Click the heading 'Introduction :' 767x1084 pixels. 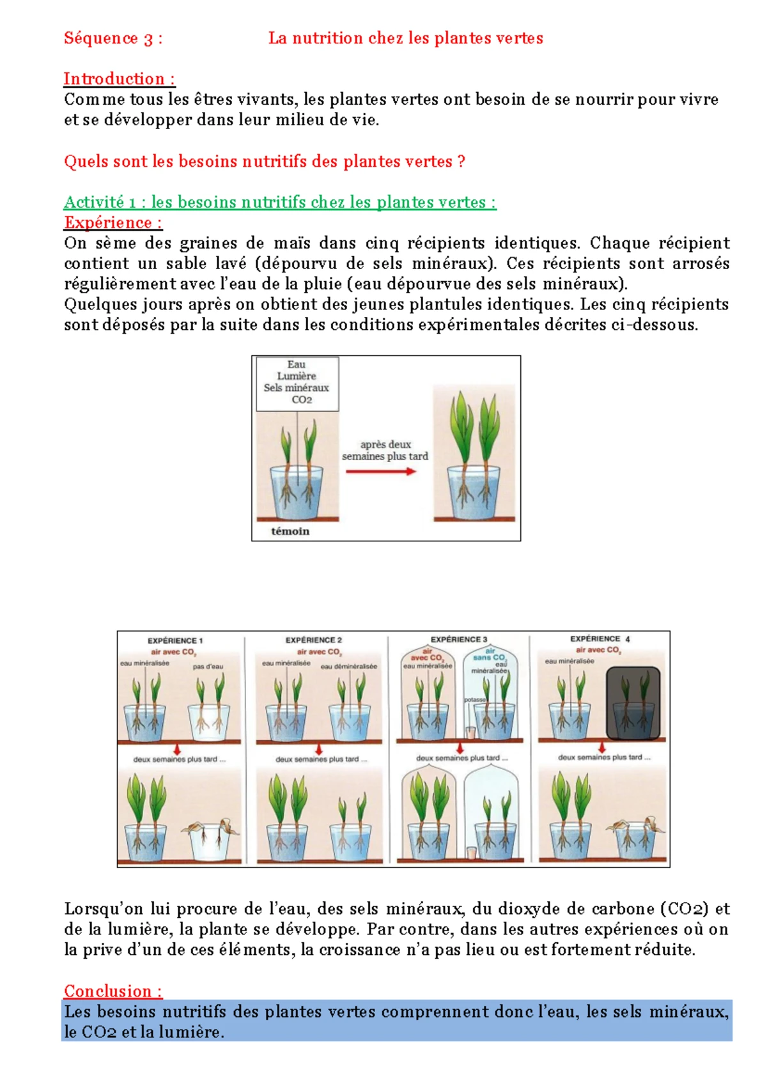coord(119,79)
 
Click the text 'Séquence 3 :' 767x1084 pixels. coord(113,38)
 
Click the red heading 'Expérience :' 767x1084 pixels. coord(112,222)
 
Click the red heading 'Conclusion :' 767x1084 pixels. coord(113,991)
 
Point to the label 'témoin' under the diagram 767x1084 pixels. coord(290,531)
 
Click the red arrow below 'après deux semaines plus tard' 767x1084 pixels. coord(381,472)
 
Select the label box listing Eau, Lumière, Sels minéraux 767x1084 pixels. coord(297,383)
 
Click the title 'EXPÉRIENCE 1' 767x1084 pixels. coord(175,640)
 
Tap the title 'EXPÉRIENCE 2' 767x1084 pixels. coord(314,640)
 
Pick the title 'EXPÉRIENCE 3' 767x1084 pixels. coord(458,639)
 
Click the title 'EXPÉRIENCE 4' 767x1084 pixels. coord(600,639)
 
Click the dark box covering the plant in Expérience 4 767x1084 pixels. coord(633,703)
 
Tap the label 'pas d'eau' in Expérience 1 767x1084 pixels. coord(208,667)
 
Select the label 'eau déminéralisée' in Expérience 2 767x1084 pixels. coord(348,667)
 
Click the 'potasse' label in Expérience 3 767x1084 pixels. coord(474,700)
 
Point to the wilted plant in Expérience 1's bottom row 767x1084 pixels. coord(210,834)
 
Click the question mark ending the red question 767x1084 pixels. coord(461,162)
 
